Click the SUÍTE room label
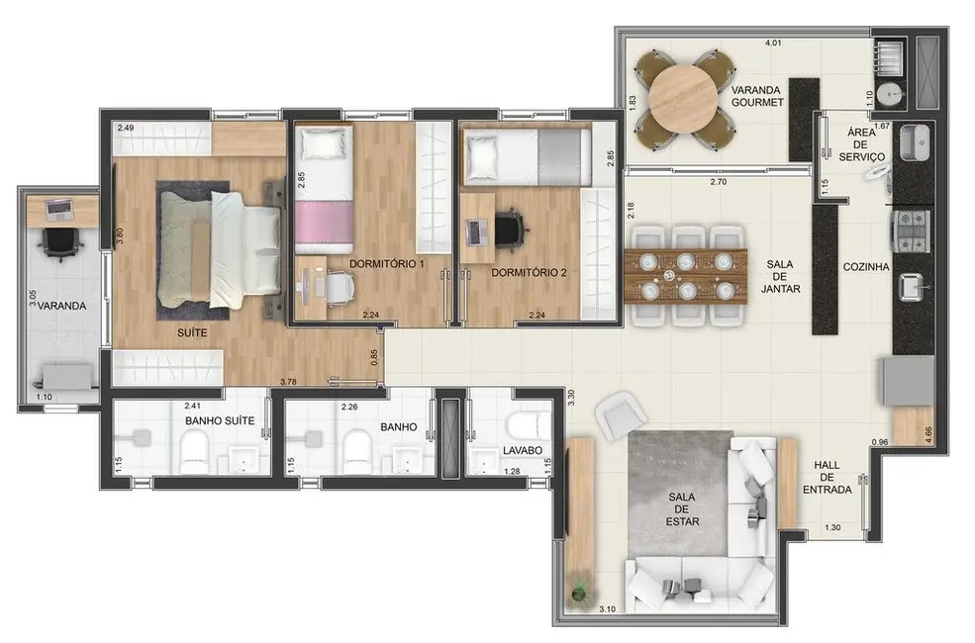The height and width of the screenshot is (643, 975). (193, 333)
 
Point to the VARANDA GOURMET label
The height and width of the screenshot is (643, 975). (757, 96)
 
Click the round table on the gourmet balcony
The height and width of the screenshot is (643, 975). (685, 97)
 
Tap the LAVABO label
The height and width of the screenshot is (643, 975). (522, 450)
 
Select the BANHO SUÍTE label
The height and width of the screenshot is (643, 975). (220, 420)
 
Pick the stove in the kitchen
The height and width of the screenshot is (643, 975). (909, 230)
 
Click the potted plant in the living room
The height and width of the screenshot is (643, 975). (580, 594)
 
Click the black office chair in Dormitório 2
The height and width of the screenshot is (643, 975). (510, 230)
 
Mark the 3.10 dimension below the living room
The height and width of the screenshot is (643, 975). (609, 609)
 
